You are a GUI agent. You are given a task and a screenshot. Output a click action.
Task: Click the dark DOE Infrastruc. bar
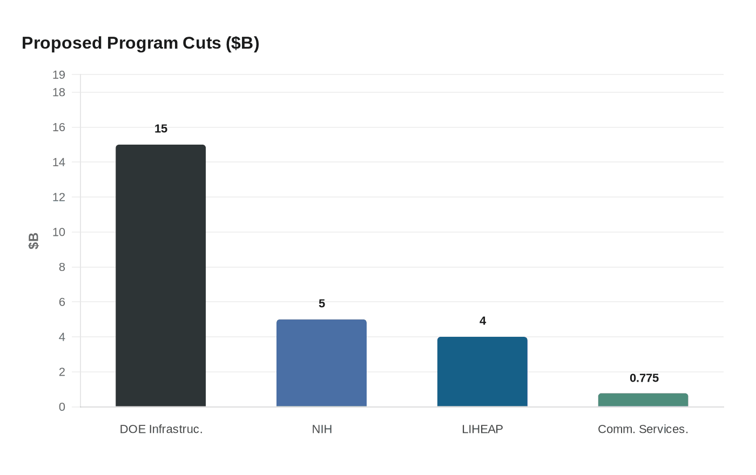click(x=160, y=275)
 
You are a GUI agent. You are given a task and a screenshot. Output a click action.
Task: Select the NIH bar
click(x=321, y=363)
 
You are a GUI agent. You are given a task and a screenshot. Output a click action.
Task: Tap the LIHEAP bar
click(x=482, y=371)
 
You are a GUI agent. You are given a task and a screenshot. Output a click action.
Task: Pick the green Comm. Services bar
click(x=643, y=400)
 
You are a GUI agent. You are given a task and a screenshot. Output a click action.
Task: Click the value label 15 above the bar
click(x=161, y=128)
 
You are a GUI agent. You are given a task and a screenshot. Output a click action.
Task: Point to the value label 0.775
click(x=644, y=378)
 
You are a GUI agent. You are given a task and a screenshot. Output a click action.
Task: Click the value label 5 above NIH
click(x=322, y=303)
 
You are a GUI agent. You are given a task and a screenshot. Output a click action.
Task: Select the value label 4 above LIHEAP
click(x=483, y=321)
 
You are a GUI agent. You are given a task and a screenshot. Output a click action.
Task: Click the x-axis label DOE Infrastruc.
click(x=161, y=429)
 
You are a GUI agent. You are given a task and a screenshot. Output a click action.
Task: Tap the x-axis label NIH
click(x=322, y=429)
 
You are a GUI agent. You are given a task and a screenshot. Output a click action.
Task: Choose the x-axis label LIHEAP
click(x=482, y=429)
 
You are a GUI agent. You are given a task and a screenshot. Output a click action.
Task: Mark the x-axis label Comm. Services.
click(x=643, y=429)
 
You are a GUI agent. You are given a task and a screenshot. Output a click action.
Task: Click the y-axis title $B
click(x=33, y=241)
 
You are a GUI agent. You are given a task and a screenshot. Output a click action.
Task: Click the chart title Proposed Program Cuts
click(x=140, y=43)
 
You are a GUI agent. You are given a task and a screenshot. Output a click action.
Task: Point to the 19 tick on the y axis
click(x=59, y=75)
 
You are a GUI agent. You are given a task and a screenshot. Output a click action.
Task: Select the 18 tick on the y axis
click(x=59, y=92)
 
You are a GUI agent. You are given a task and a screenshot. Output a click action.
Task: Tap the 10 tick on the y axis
click(x=59, y=232)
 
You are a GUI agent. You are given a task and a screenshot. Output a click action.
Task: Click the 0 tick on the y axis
click(x=62, y=407)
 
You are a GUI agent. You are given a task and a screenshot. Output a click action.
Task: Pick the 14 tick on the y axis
click(x=59, y=162)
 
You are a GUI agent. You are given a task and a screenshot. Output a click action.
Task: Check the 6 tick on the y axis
click(x=62, y=302)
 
